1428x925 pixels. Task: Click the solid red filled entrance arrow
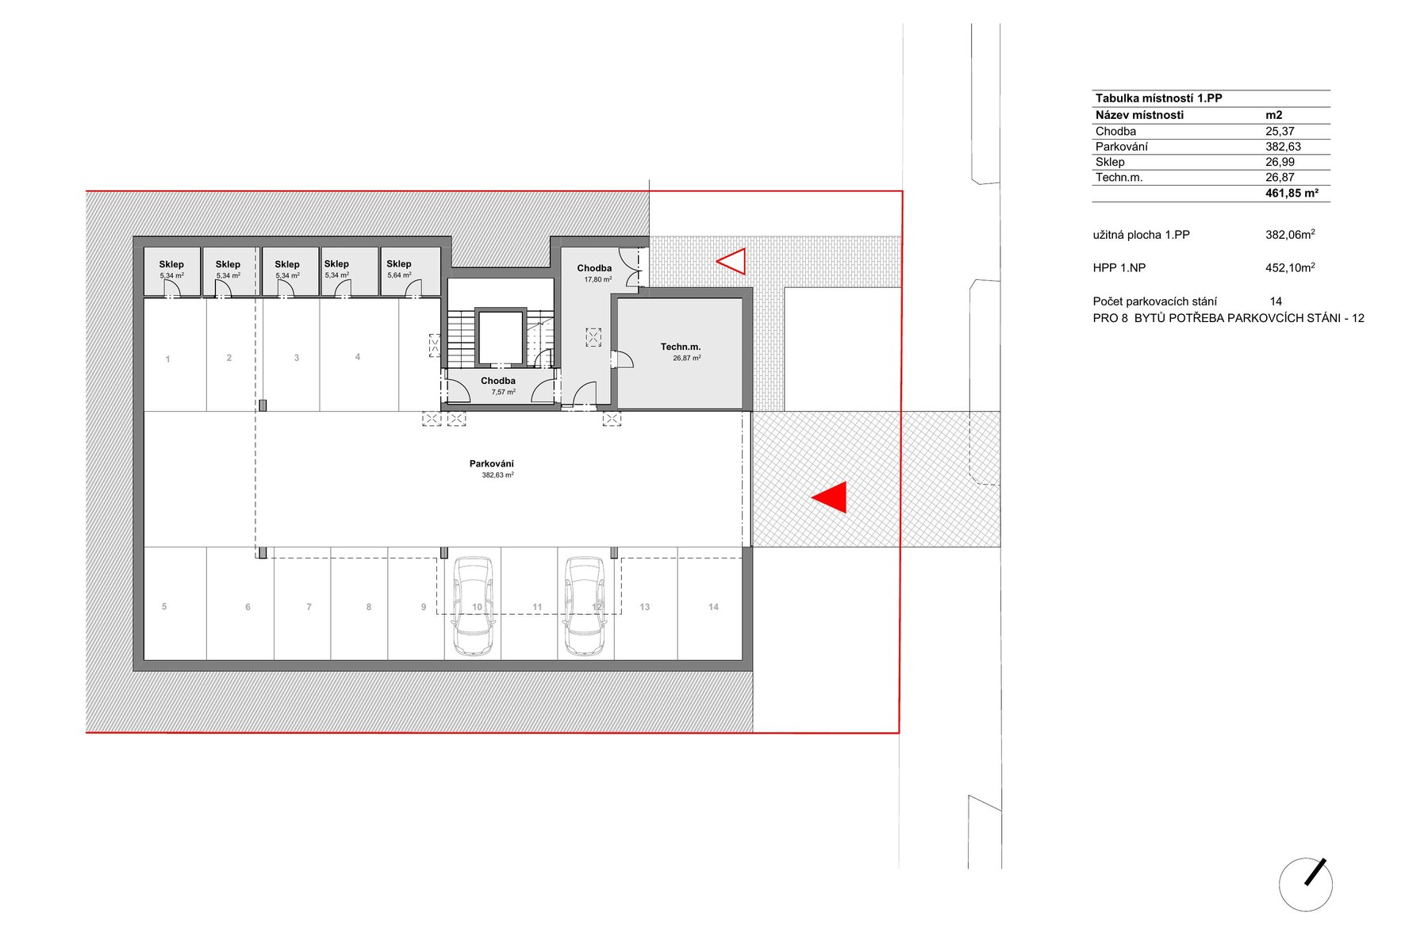click(830, 497)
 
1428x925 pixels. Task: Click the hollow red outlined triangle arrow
click(731, 261)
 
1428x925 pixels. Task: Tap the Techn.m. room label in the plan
click(681, 347)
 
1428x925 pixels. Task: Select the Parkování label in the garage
click(492, 463)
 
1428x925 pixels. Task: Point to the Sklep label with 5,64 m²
click(399, 263)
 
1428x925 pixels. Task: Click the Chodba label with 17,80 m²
click(594, 268)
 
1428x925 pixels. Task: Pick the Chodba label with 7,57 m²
click(498, 381)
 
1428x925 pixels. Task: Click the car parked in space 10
click(473, 606)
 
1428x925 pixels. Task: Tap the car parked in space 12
click(585, 606)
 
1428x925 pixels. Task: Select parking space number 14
click(713, 607)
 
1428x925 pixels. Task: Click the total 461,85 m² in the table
click(1292, 193)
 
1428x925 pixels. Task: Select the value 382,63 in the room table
click(1283, 147)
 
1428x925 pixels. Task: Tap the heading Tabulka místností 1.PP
click(1158, 98)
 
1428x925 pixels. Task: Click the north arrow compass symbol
click(1306, 884)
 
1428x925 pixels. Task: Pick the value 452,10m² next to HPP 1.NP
click(1290, 267)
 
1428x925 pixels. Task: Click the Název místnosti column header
click(1139, 115)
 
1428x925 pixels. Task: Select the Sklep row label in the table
click(1110, 162)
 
